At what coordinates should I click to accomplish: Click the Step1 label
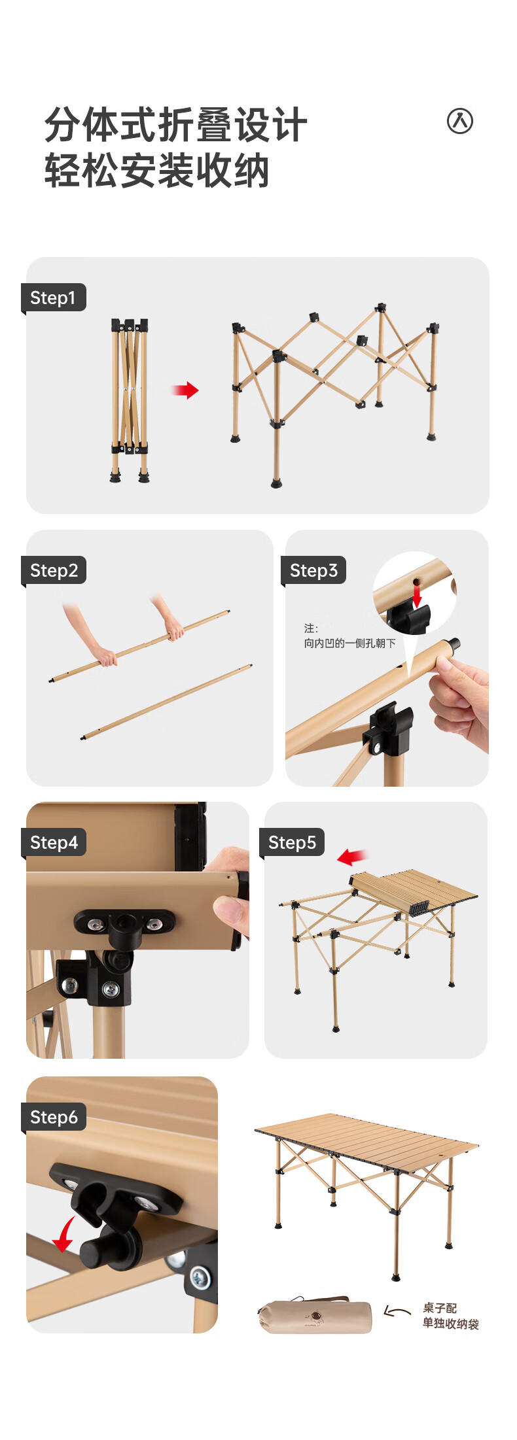click(54, 298)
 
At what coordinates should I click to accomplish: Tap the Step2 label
click(54, 570)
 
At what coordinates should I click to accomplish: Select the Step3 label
click(313, 570)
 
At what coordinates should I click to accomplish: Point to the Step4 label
click(54, 842)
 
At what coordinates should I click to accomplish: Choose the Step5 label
click(292, 842)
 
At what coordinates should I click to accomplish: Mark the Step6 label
click(54, 1117)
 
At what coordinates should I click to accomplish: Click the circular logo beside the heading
click(460, 121)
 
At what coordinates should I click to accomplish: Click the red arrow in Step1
click(185, 390)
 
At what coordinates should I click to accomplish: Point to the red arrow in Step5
click(352, 857)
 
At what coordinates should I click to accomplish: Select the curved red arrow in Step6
click(63, 1235)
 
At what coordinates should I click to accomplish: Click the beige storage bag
click(315, 1316)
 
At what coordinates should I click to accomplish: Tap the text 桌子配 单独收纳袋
click(450, 1316)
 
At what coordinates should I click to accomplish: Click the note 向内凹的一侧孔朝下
click(349, 643)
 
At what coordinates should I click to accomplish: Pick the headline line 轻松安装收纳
click(157, 171)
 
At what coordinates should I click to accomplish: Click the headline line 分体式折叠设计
click(176, 124)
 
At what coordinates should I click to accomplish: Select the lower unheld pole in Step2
click(166, 702)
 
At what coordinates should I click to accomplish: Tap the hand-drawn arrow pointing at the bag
click(397, 1311)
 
